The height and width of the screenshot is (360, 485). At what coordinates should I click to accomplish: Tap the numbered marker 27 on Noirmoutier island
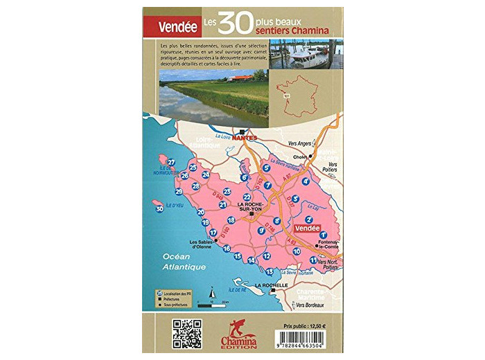(x=172, y=163)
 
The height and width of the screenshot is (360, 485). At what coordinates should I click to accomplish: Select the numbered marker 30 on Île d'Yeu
(x=160, y=208)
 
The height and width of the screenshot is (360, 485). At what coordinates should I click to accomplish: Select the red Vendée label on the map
(x=306, y=228)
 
